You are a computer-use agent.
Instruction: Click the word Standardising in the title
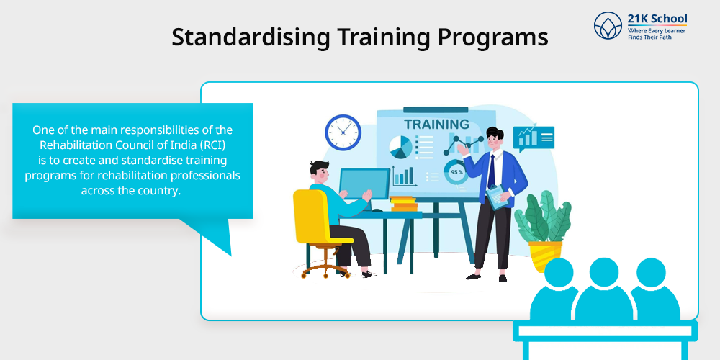(x=251, y=37)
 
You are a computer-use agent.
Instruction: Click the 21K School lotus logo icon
(x=608, y=26)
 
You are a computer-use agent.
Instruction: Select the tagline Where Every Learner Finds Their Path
(x=656, y=34)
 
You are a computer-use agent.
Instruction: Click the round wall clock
(x=343, y=132)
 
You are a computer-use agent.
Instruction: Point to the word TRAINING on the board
(x=436, y=124)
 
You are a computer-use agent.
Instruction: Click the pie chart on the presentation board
(x=400, y=147)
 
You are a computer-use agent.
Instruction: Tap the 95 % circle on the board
(x=456, y=172)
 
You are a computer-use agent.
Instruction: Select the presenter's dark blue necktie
(x=491, y=171)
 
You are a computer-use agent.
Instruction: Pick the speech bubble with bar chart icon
(x=533, y=138)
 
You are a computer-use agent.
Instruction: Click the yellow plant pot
(x=545, y=256)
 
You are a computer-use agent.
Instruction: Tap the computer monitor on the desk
(x=364, y=184)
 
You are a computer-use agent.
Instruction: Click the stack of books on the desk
(x=404, y=204)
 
